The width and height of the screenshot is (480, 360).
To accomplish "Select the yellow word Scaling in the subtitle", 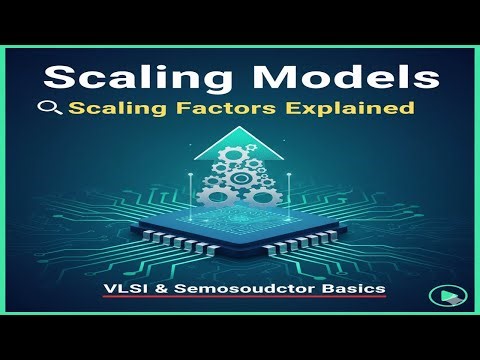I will pos(110,108).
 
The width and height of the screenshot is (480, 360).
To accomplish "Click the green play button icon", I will pos(439,296).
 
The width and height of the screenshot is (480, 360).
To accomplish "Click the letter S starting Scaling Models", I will pos(57,78).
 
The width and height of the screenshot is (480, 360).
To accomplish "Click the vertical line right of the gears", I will pos(283,200).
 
